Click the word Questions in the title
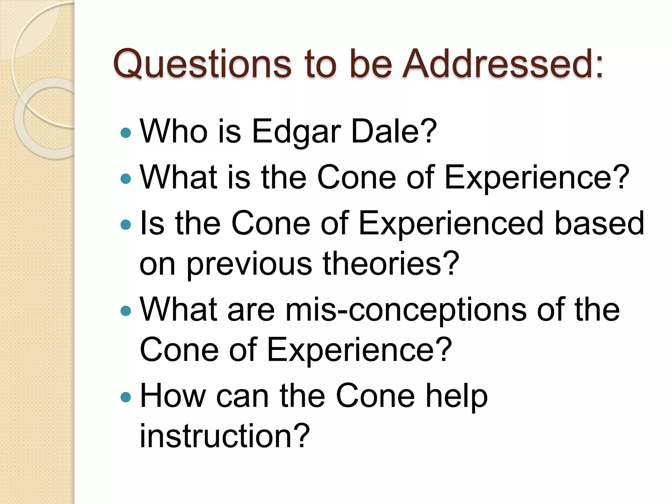click(x=202, y=64)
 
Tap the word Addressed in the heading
click(x=502, y=64)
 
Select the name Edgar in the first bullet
click(x=296, y=132)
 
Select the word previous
click(x=249, y=264)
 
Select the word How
click(x=173, y=396)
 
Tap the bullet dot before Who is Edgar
click(x=126, y=133)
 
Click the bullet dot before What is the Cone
click(x=126, y=178)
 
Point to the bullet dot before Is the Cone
click(x=126, y=225)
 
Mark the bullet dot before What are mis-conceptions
click(x=126, y=310)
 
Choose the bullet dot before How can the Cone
click(x=126, y=397)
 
